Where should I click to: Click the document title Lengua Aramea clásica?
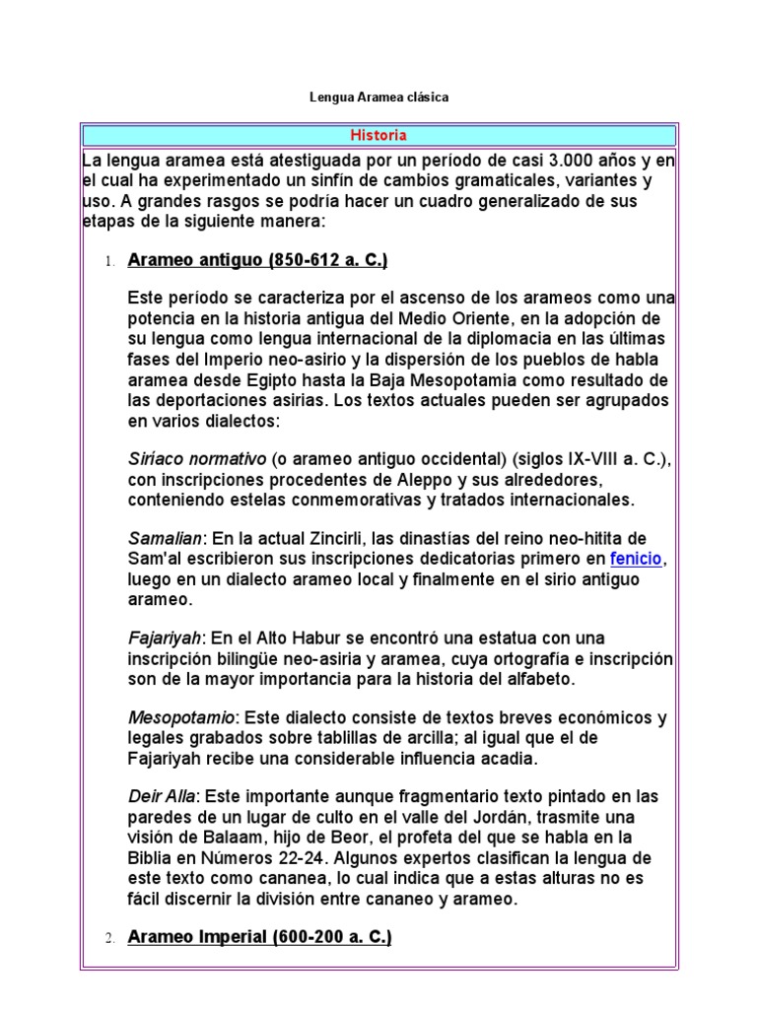point(378,98)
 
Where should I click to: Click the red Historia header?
point(378,135)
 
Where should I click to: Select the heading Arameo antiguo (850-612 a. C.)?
point(257,261)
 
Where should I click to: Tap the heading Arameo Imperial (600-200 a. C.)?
point(259,938)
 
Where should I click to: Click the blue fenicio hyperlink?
point(637,560)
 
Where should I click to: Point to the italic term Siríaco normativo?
point(197,459)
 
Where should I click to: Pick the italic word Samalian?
point(165,539)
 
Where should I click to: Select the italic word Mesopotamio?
point(181,716)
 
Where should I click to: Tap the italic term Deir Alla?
point(163,795)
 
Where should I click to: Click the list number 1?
point(110,262)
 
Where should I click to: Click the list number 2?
point(110,939)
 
